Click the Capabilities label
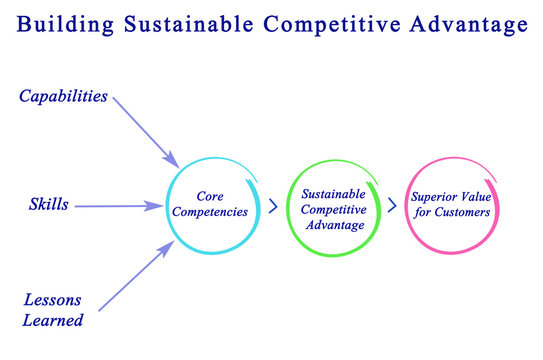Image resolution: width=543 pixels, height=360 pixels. pyautogui.click(x=63, y=97)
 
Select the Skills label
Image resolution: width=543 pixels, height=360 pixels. pyautogui.click(x=49, y=205)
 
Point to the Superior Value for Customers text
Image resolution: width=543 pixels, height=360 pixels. pyautogui.click(x=449, y=205)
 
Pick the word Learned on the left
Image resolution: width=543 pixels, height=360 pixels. pyautogui.click(x=54, y=321)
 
